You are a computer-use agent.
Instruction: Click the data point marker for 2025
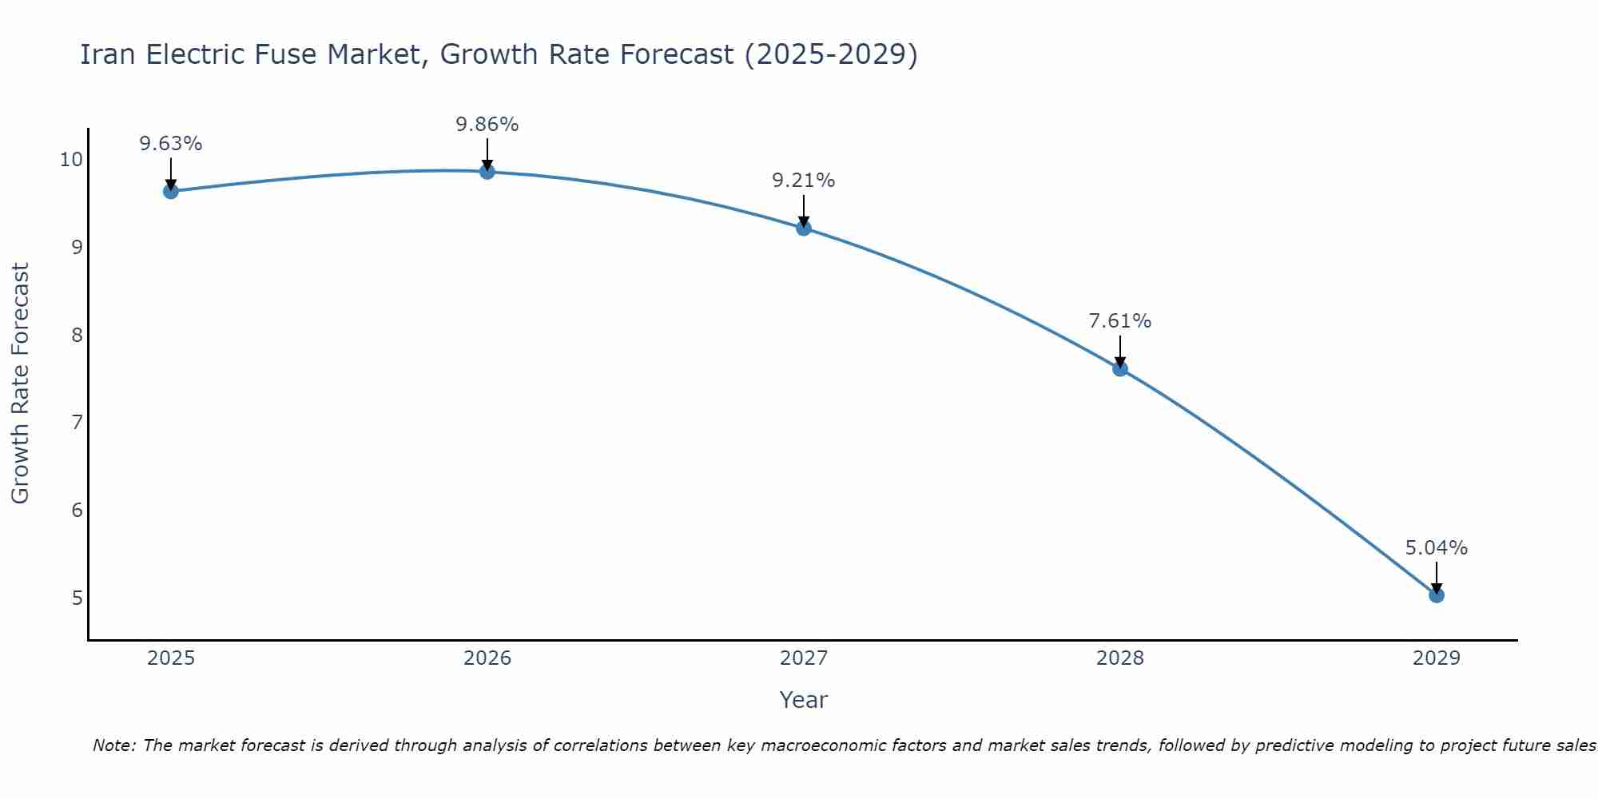[170, 191]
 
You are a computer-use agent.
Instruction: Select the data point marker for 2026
[487, 171]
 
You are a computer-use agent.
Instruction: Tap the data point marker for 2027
[804, 229]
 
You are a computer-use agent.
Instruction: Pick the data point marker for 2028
[1120, 368]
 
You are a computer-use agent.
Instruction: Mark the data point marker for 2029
[1437, 594]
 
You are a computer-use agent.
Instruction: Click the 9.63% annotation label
[170, 144]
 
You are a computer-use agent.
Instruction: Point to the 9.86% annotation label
[487, 125]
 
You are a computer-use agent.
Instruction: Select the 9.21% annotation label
[804, 181]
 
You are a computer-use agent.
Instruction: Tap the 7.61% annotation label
[1120, 321]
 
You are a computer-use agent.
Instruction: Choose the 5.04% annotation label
[1437, 548]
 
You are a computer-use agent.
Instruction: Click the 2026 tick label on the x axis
[487, 658]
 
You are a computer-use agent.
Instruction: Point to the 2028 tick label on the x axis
[1120, 658]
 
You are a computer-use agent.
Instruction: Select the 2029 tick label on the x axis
[1437, 658]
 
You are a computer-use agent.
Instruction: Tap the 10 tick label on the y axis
[71, 160]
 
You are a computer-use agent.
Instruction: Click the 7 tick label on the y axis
[77, 422]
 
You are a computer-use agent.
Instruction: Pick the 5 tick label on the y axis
[77, 598]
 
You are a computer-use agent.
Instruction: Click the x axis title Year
[803, 700]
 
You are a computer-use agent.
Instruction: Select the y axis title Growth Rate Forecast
[20, 384]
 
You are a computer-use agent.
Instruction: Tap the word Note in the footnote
[114, 745]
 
